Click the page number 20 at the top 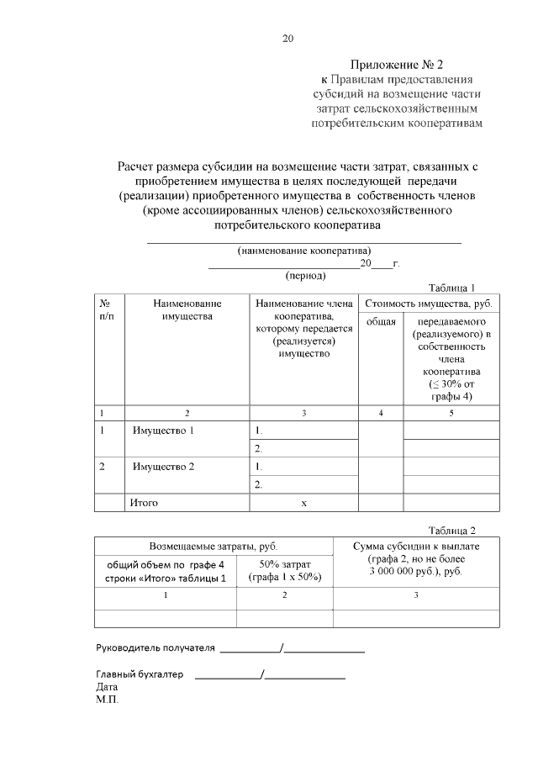pyautogui.click(x=288, y=39)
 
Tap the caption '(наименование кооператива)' pyautogui.click(x=304, y=251)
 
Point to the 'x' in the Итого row pyautogui.click(x=303, y=503)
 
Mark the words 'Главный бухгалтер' pyautogui.click(x=140, y=674)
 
